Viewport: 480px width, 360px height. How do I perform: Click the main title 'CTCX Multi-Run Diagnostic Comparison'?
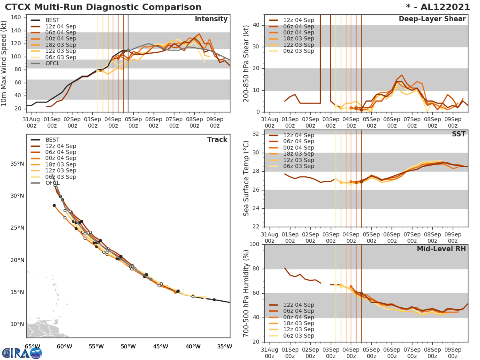103,7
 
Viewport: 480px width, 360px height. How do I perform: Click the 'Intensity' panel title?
211,19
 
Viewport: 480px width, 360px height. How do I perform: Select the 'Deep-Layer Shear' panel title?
432,19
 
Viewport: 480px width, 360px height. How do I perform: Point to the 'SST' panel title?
459,134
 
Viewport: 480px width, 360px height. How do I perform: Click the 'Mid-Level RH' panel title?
441,249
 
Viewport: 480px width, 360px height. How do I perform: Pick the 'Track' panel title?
217,140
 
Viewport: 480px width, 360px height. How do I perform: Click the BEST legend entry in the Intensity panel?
52,20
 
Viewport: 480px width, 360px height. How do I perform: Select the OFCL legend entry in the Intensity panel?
52,63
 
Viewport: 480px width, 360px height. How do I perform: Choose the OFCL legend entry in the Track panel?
52,183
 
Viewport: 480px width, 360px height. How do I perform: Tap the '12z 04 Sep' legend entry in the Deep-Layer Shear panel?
298,20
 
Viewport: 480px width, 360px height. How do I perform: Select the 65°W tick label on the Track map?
32,346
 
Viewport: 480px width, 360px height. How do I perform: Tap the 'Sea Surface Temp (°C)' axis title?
246,178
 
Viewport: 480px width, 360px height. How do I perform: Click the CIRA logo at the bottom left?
22,353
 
